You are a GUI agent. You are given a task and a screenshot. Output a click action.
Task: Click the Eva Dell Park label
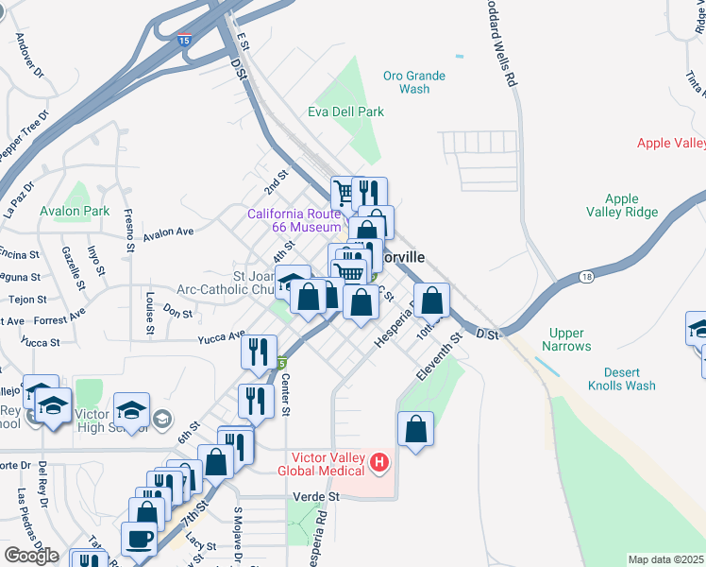(x=345, y=112)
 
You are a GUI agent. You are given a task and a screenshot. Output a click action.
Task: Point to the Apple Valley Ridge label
(x=622, y=205)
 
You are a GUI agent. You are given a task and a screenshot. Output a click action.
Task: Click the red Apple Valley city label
(x=671, y=143)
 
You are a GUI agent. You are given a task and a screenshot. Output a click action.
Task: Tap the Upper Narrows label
(x=566, y=339)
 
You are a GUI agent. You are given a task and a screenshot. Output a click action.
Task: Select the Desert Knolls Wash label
(x=621, y=378)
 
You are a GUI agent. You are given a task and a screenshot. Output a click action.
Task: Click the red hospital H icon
(x=379, y=462)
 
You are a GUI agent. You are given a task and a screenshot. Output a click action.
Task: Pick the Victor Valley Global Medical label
(x=321, y=463)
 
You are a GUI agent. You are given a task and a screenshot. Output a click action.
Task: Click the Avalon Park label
(x=75, y=211)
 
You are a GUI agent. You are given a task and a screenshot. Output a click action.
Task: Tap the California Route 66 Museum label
(x=294, y=220)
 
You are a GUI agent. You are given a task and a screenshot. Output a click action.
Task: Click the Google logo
(x=31, y=556)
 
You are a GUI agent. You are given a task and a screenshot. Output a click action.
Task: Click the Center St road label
(x=286, y=397)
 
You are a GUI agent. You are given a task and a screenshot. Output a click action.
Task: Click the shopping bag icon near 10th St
(x=431, y=301)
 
